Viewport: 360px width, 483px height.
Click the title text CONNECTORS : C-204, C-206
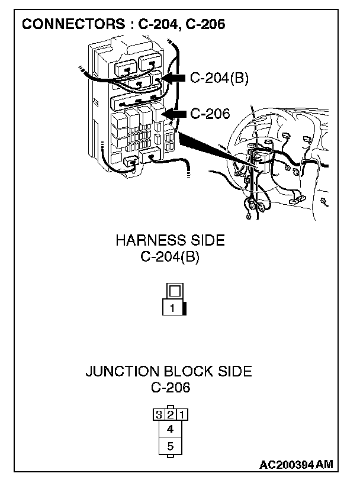[x=123, y=25]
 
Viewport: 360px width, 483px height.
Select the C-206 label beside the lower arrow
[x=210, y=114]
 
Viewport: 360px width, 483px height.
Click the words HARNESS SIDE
[x=170, y=240]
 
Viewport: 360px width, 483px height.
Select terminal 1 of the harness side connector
[x=172, y=308]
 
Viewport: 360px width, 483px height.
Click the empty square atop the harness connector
[x=175, y=291]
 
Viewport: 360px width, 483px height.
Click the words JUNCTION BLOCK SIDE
[x=169, y=372]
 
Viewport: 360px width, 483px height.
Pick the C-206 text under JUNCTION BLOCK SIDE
[x=170, y=388]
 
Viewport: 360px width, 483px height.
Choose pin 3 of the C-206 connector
[x=158, y=414]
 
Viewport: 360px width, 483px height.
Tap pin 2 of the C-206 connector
[x=170, y=413]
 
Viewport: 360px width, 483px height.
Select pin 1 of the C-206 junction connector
[x=182, y=414]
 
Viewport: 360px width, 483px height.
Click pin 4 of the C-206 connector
[x=170, y=429]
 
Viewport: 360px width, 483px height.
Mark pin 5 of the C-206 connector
[x=170, y=446]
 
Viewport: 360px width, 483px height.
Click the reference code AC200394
[x=287, y=465]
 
